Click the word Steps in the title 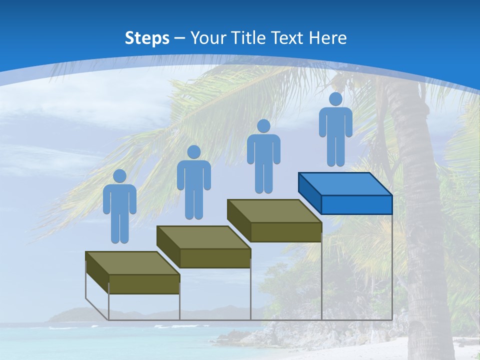click(147, 38)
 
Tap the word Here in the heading click(327, 38)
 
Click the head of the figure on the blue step click(335, 99)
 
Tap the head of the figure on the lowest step click(119, 176)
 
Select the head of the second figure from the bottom click(193, 152)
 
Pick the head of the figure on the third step click(263, 126)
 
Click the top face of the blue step click(345, 184)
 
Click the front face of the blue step click(356, 204)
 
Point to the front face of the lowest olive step click(144, 284)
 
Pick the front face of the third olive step click(286, 232)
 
